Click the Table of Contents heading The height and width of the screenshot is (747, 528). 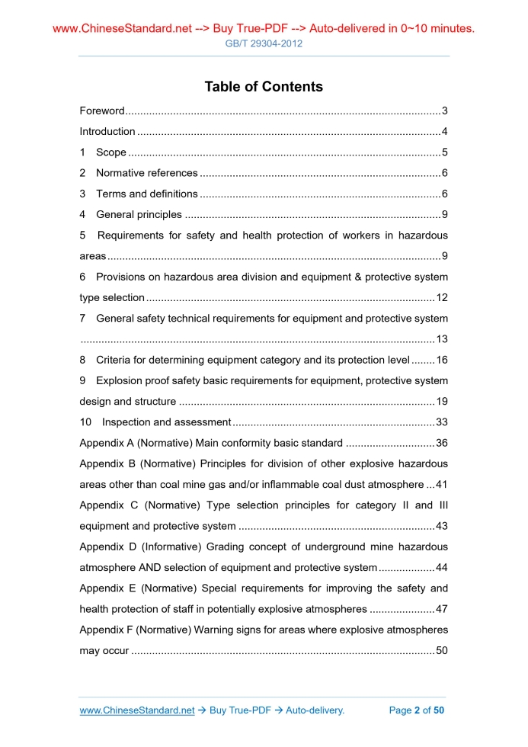point(264,87)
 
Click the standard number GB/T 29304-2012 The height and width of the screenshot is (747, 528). point(264,43)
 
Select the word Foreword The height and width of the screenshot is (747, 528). point(101,111)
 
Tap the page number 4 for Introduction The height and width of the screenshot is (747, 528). point(444,132)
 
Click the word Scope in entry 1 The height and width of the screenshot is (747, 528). point(111,152)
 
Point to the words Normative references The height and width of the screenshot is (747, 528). point(147,173)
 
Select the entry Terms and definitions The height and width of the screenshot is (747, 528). point(147,194)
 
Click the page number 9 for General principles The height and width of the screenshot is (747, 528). point(444,215)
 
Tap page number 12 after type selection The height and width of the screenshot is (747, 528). point(441,297)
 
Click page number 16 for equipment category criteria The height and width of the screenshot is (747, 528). point(441,360)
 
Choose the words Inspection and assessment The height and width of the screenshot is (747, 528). point(166,422)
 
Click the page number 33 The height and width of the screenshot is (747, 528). point(441,422)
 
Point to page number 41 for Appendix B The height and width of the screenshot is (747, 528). point(441,485)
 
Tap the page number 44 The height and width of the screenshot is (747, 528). point(441,567)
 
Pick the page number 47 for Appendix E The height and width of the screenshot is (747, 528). point(441,609)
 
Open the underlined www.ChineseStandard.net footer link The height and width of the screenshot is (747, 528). point(137,710)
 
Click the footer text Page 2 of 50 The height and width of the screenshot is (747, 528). point(416,710)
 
